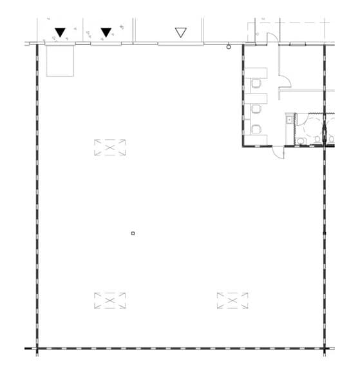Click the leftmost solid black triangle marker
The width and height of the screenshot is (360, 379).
(x=60, y=32)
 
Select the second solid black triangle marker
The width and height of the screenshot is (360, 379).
(x=106, y=32)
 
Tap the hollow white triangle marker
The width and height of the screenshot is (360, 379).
(x=180, y=32)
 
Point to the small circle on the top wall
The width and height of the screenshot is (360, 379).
(x=229, y=46)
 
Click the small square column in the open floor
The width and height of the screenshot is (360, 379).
(x=133, y=233)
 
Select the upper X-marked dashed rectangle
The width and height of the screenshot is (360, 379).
(x=109, y=148)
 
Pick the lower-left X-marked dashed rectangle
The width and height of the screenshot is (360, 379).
(x=109, y=300)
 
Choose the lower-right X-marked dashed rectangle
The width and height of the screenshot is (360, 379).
(x=232, y=300)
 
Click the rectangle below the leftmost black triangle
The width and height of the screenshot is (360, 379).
(x=61, y=61)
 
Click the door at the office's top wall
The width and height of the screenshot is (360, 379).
(x=272, y=39)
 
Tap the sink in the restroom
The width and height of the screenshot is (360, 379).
(x=290, y=119)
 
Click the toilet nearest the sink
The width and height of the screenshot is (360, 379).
(x=301, y=139)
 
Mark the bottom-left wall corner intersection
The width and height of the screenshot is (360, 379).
(x=37, y=349)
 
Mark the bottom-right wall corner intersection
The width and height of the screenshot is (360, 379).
(x=323, y=349)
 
